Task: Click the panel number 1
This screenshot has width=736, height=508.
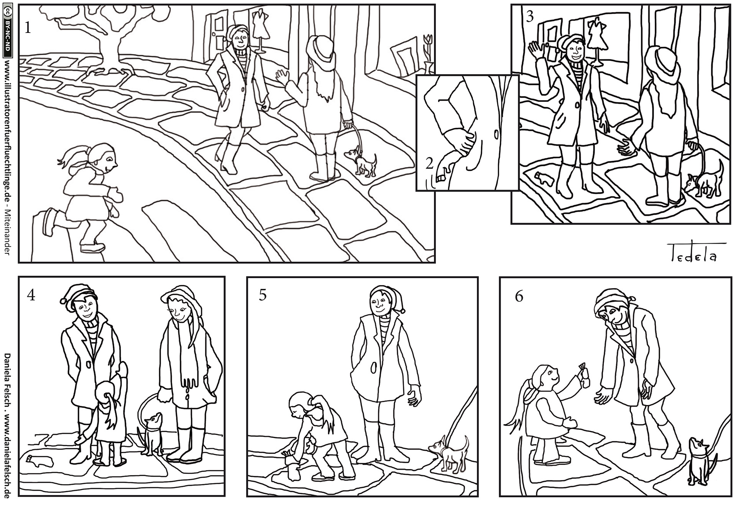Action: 27,28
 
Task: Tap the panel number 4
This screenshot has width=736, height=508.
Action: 31,296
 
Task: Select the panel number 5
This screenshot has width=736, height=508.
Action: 263,296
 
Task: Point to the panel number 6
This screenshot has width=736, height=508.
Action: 519,297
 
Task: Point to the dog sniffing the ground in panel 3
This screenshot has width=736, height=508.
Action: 703,180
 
